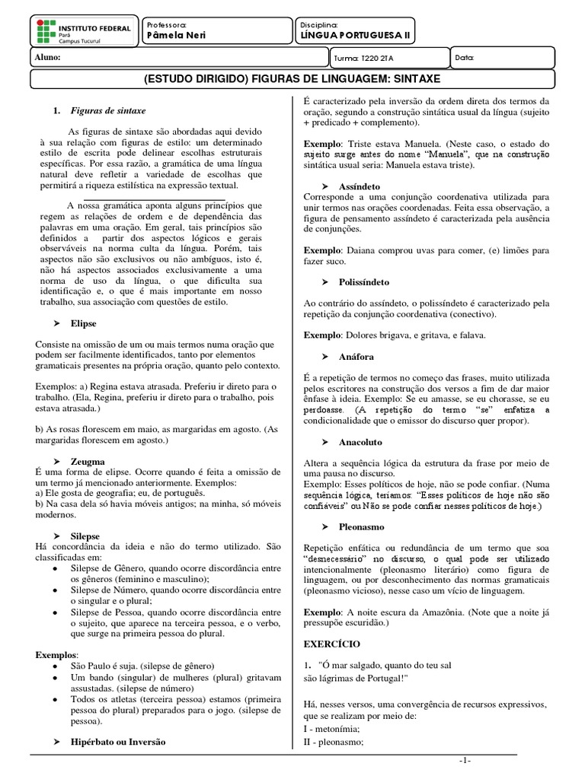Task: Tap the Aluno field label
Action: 46,57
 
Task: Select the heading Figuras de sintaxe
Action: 107,110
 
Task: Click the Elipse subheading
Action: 84,323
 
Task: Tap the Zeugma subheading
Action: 88,462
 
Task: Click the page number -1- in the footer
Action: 465,762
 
